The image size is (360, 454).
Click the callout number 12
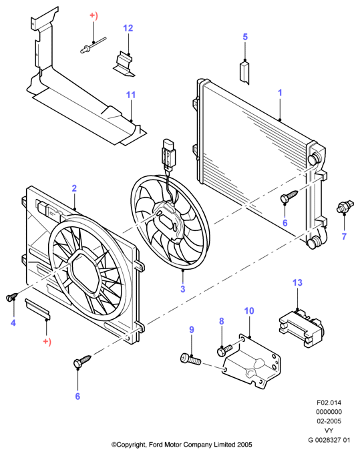(x=128, y=28)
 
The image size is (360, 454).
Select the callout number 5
(x=245, y=37)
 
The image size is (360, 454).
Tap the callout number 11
(x=131, y=95)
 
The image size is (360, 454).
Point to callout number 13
(x=297, y=282)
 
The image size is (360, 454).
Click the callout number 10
(x=249, y=310)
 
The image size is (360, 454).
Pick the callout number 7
(x=344, y=236)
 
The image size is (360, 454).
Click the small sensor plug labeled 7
(x=345, y=206)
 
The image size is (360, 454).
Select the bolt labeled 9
(x=190, y=359)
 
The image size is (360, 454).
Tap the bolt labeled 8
(x=224, y=349)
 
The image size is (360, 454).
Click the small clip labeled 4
(x=11, y=296)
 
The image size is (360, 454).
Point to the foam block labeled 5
(x=244, y=72)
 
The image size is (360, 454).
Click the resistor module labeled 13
(x=301, y=328)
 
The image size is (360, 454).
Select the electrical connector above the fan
(x=169, y=154)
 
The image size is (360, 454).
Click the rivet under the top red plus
(x=93, y=46)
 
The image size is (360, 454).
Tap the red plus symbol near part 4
(x=47, y=342)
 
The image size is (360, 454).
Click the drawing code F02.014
(x=329, y=403)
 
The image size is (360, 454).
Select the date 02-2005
(x=329, y=421)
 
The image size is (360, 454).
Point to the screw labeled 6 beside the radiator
(x=289, y=196)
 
